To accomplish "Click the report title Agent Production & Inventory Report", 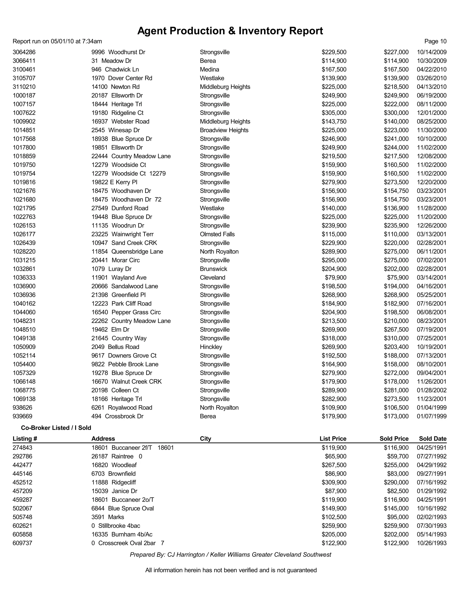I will pyautogui.click(x=230, y=31).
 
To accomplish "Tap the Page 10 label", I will pyautogui.click(x=435, y=41).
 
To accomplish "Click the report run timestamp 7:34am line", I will pyautogui.click(x=57, y=41).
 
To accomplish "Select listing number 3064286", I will pyautogui.click(x=24, y=52).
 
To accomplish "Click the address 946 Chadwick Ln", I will pyautogui.click(x=115, y=69).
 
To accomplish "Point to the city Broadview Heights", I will pyautogui.click(x=224, y=130).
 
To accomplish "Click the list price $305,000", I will pyautogui.click(x=334, y=113).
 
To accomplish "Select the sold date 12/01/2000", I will pyautogui.click(x=432, y=113).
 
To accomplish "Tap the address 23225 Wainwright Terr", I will pyautogui.click(x=122, y=234).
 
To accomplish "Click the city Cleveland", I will pyautogui.click(x=212, y=278).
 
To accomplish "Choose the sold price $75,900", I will pyautogui.click(x=398, y=278).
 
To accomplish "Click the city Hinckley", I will pyautogui.click(x=211, y=347).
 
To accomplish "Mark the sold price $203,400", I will pyautogui.click(x=396, y=347).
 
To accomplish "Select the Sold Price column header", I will pyautogui.click(x=394, y=439).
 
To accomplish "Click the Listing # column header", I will pyautogui.click(x=25, y=439).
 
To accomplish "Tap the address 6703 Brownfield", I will pyautogui.click(x=113, y=474).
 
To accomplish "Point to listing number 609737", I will pyautogui.click(x=22, y=543).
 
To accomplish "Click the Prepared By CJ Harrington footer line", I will pyautogui.click(x=230, y=555).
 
